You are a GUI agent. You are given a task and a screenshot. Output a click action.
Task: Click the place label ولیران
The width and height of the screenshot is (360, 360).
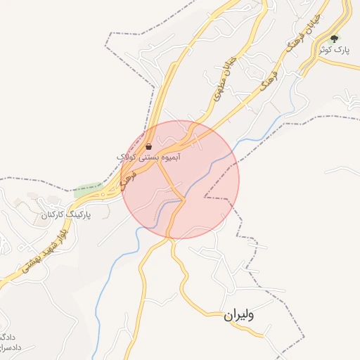pos(239,316)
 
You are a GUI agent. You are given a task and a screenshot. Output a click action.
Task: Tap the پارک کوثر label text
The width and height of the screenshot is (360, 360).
pos(333,51)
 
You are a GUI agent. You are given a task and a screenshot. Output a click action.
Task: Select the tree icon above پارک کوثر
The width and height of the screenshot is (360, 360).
pos(333,39)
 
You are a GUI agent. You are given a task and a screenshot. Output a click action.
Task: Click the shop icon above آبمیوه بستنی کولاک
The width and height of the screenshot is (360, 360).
pos(149,147)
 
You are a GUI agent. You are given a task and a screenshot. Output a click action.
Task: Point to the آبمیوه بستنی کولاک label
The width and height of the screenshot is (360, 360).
pos(149,157)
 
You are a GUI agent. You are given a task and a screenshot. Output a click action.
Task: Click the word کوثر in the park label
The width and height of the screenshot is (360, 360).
pos(324,51)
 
